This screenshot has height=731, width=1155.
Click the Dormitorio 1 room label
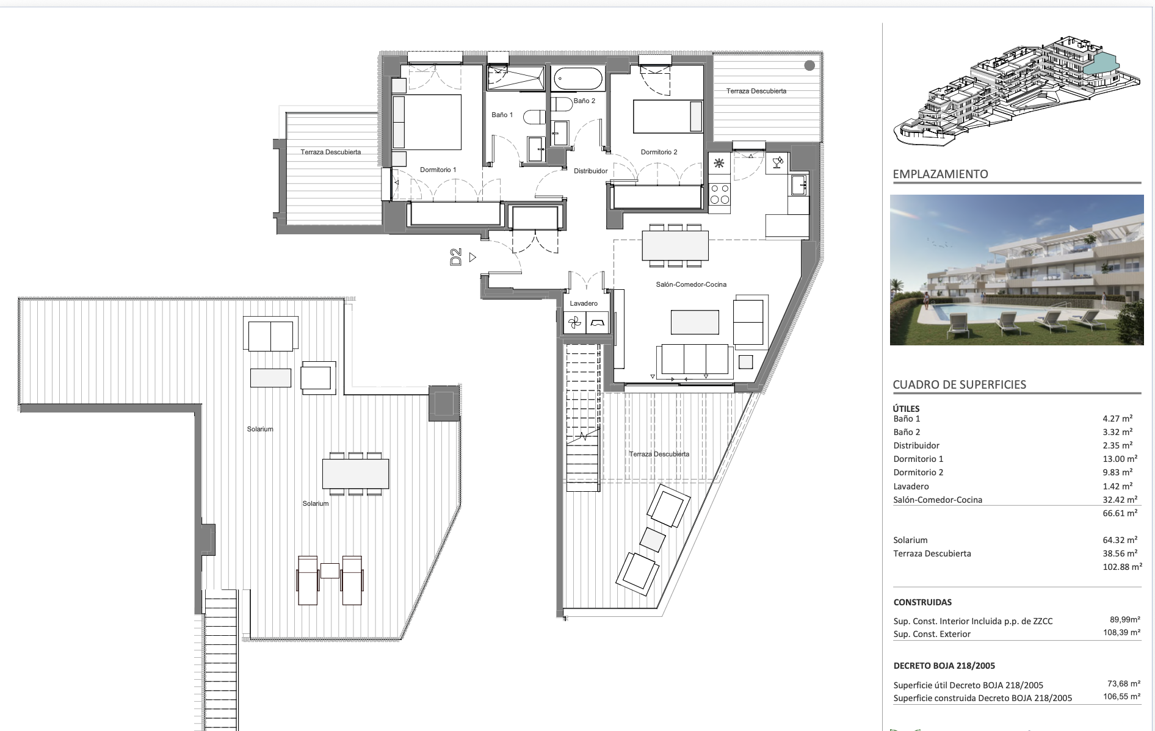coord(438,170)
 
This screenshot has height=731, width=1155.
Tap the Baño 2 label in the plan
coord(584,101)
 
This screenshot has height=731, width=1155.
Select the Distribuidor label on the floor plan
coord(590,171)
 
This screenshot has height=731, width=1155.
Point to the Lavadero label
coord(584,303)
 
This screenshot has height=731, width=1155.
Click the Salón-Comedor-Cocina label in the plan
coord(691,284)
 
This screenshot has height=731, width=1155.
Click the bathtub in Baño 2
coord(578,79)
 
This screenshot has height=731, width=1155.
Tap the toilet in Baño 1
coord(535,117)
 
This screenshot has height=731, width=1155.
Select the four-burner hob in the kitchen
coord(720,194)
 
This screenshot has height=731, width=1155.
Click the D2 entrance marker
coord(455,257)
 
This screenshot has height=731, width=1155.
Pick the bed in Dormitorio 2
coord(668,117)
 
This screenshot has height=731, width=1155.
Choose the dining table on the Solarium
coord(355,474)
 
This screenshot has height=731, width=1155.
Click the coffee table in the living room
coord(695,322)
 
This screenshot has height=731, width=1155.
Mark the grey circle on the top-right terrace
coord(809,65)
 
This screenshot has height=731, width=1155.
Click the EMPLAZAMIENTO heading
coord(940,174)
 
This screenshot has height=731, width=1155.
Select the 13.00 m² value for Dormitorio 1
coord(1120,459)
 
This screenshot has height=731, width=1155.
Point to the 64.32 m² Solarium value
coord(1120,540)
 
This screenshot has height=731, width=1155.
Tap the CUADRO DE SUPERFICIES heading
coord(959,384)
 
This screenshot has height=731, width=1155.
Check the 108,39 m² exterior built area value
coord(1121,633)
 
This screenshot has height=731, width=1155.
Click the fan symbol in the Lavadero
coord(574,323)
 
